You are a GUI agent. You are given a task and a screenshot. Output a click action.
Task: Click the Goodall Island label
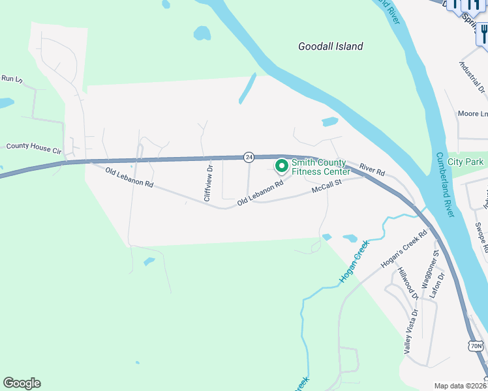330,46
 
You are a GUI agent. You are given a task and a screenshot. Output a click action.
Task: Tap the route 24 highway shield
249,157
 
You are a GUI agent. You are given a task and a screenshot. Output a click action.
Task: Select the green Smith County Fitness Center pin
282,167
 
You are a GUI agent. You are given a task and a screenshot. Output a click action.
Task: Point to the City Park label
465,161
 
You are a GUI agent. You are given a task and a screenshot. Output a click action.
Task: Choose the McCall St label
328,188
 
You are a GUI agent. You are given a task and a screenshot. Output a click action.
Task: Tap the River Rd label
372,170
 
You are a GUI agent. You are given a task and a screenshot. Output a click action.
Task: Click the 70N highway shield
477,345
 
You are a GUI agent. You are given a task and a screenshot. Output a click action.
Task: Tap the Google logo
22,383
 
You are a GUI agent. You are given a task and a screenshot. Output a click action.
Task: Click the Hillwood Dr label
408,283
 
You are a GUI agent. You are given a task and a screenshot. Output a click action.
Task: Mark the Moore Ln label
472,113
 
